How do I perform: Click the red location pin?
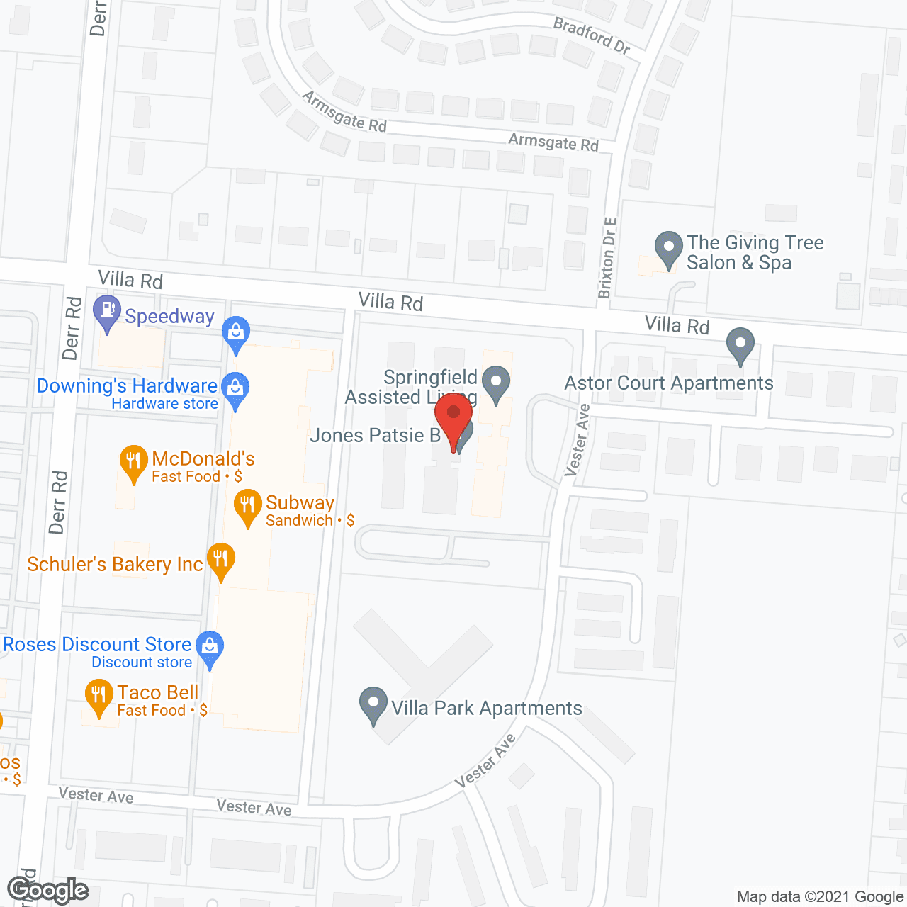coord(453,415)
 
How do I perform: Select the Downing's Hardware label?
coord(127,386)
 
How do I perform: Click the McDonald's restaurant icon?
coord(133,462)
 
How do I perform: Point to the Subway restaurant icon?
coord(247,506)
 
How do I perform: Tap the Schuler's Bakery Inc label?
coord(115,564)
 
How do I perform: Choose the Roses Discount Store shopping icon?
coord(210,648)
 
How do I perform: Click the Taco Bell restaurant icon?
coord(99,696)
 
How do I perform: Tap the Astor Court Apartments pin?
coord(740,345)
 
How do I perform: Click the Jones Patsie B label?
coord(376,435)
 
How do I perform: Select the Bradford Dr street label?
coord(592,35)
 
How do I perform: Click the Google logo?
coord(47,890)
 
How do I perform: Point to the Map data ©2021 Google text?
coord(819,897)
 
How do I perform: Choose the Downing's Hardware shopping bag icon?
coord(235,388)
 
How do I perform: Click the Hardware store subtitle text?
coord(164,404)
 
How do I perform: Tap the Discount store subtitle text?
coord(142,663)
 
